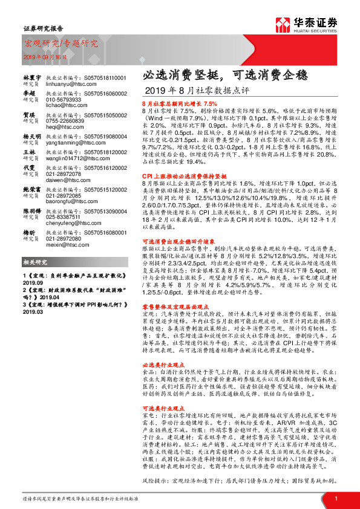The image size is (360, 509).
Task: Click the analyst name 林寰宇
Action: point(31,79)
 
